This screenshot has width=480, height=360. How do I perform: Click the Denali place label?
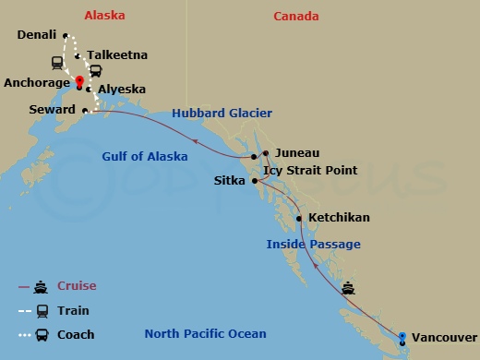(37, 35)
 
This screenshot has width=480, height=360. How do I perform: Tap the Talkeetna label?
(113, 55)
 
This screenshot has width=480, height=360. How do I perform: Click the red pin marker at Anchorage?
(80, 81)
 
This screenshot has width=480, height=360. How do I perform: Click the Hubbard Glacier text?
(222, 114)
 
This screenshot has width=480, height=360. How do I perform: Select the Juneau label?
(297, 153)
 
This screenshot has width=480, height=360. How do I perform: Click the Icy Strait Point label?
(308, 171)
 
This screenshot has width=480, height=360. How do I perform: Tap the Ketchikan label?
(339, 218)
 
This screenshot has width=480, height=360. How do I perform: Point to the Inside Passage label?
(313, 244)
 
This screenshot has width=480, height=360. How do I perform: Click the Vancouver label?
(444, 338)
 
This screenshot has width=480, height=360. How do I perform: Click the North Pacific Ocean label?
(205, 334)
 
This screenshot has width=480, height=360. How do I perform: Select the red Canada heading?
(297, 16)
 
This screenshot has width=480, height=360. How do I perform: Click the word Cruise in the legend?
(77, 286)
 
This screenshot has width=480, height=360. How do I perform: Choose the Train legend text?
(73, 311)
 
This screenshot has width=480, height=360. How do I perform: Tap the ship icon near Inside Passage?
(349, 288)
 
